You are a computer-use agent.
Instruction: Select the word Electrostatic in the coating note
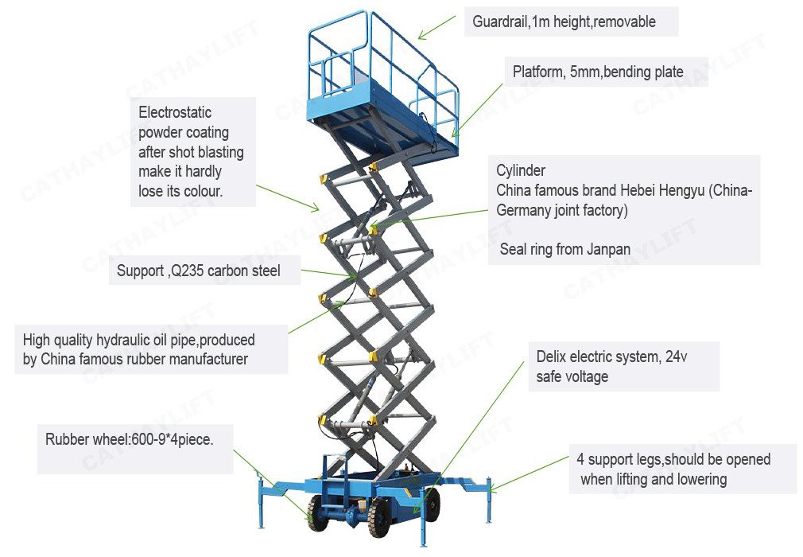(175, 112)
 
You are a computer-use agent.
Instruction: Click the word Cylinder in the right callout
(521, 170)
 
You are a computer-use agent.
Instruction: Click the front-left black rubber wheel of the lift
(319, 514)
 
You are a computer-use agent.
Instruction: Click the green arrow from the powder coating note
(288, 197)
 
